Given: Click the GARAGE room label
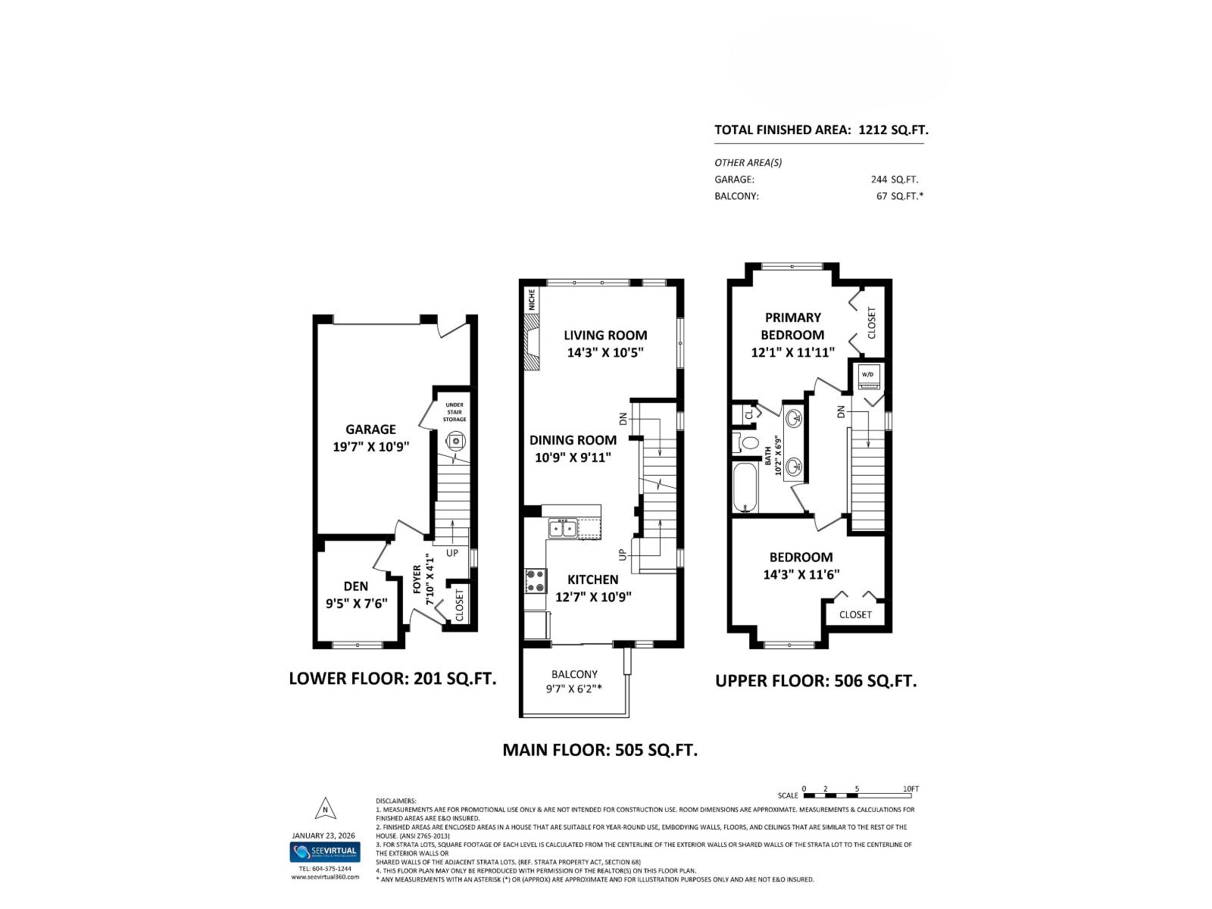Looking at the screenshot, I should [x=370, y=429].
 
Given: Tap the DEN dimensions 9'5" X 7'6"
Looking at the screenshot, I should [x=355, y=603].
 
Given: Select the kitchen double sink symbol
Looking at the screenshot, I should [x=562, y=528].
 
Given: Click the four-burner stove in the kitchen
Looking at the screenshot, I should [x=536, y=580].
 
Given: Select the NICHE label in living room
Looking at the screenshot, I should [x=532, y=301].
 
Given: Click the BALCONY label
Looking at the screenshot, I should [x=574, y=674].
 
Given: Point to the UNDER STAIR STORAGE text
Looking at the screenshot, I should [x=454, y=412].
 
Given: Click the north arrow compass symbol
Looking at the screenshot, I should [x=325, y=809].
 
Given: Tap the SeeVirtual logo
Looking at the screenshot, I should [x=325, y=852].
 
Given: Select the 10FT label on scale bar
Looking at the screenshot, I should [x=911, y=789].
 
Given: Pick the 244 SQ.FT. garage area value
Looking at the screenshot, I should [x=894, y=180].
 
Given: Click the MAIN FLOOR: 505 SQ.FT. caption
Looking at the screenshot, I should [x=600, y=750].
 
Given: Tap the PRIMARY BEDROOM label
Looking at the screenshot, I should [x=792, y=326].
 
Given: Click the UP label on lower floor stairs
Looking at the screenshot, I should [x=452, y=553].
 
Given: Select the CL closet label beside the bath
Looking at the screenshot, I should [x=749, y=414].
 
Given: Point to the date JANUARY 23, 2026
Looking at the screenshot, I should [x=325, y=836].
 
